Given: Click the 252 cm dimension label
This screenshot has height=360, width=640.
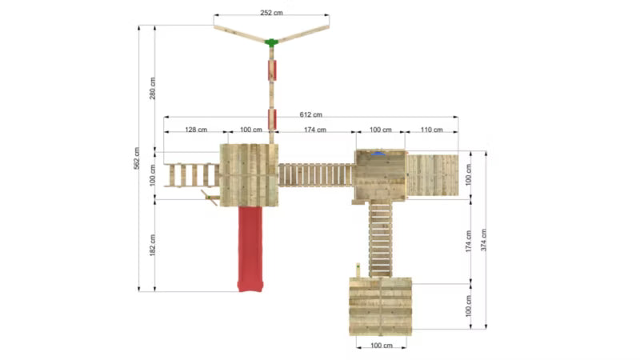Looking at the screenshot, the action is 271,13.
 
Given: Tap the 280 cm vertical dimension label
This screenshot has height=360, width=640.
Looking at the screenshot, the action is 152,88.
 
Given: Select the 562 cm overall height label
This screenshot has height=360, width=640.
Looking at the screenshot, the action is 136,158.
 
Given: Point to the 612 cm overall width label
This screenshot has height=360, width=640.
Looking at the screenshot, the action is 310,114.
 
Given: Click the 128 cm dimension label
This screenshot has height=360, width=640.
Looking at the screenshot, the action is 196,130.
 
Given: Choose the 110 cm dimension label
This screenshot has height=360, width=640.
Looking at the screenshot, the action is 431,130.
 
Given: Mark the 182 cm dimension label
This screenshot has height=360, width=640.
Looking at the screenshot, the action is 152,245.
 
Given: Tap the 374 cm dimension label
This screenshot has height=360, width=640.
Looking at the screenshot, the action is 483,239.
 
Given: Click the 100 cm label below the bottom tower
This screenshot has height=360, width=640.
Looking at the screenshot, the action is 382,346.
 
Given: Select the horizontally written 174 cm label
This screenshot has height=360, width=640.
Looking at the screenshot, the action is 315,130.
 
